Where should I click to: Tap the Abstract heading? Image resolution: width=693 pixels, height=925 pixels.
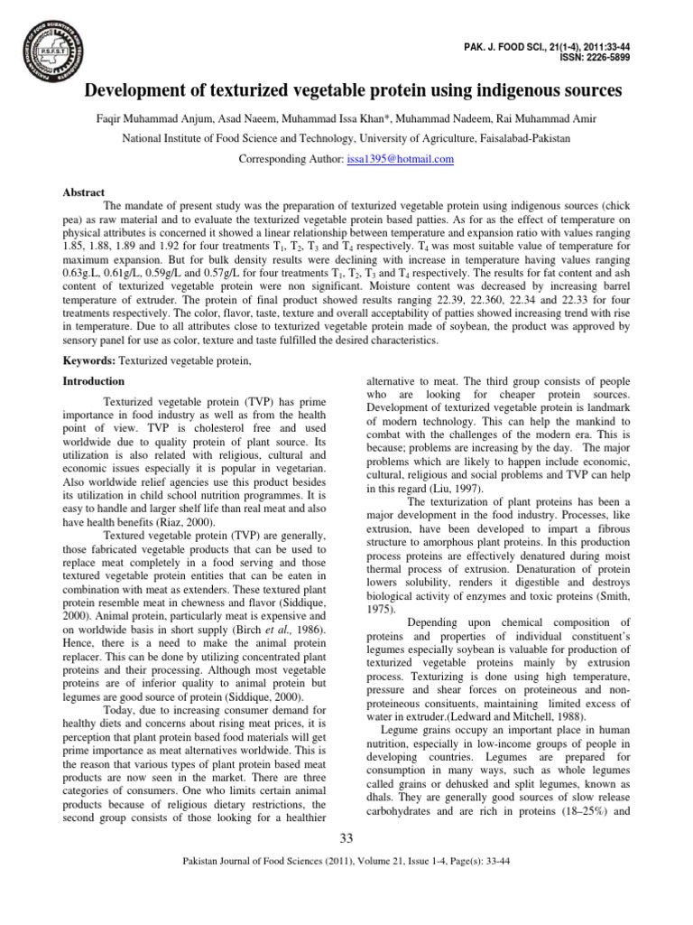tap(83, 192)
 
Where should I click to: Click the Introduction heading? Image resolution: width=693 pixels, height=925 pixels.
tap(93, 382)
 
